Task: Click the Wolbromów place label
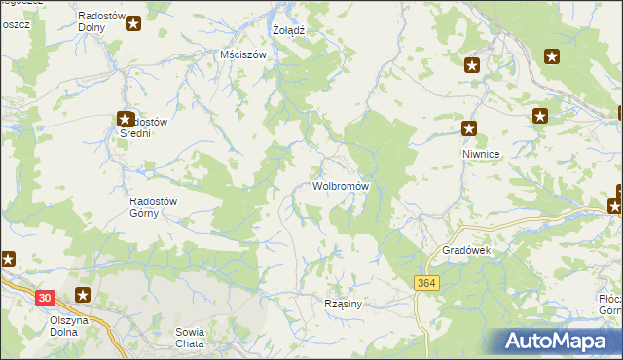click(340, 185)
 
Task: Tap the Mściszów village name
click(243, 55)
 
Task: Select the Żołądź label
click(289, 30)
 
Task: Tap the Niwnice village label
click(481, 154)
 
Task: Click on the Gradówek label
click(469, 250)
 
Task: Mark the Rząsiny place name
click(343, 304)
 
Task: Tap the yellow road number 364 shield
click(423, 282)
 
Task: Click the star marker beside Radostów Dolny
click(133, 21)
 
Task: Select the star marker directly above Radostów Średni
click(126, 119)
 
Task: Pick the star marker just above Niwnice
click(469, 127)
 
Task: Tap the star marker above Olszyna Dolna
click(84, 295)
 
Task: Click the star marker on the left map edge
click(7, 259)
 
